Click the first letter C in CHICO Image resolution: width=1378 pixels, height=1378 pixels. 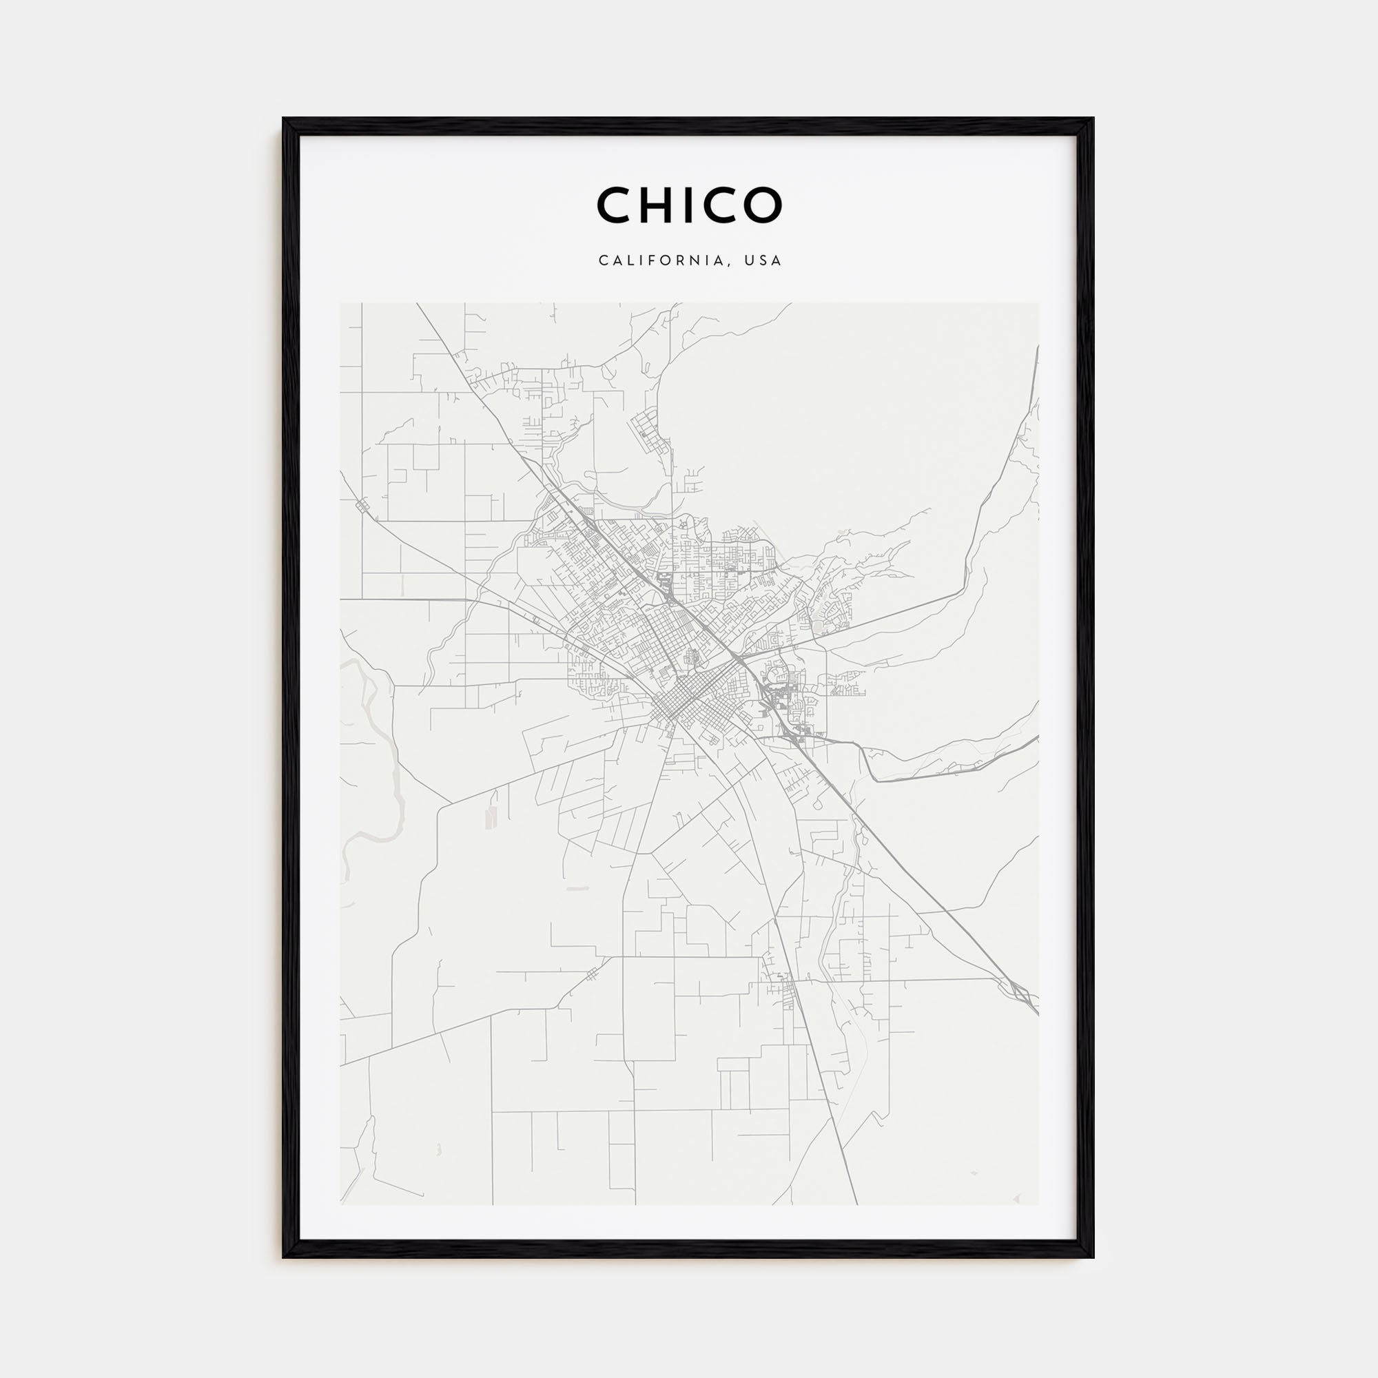pos(614,205)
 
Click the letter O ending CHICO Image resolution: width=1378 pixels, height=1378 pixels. pos(763,205)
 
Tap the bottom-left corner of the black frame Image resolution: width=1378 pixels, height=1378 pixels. pos(285,1256)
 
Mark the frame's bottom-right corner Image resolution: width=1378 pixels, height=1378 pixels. pos(1092,1256)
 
